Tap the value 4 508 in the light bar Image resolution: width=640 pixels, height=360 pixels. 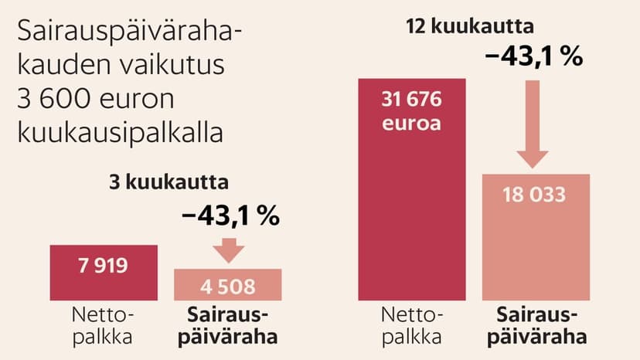(x=228, y=287)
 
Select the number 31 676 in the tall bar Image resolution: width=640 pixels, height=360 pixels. (x=412, y=100)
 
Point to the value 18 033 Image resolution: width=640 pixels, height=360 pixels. (x=536, y=195)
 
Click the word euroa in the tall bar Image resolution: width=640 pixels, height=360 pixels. (x=412, y=123)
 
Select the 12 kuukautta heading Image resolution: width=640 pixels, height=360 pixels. (x=470, y=28)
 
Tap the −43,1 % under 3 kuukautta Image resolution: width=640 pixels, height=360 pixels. (x=230, y=216)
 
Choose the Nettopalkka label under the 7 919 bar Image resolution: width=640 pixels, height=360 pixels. (x=104, y=326)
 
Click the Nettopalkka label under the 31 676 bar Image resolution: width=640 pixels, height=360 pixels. (x=412, y=326)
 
